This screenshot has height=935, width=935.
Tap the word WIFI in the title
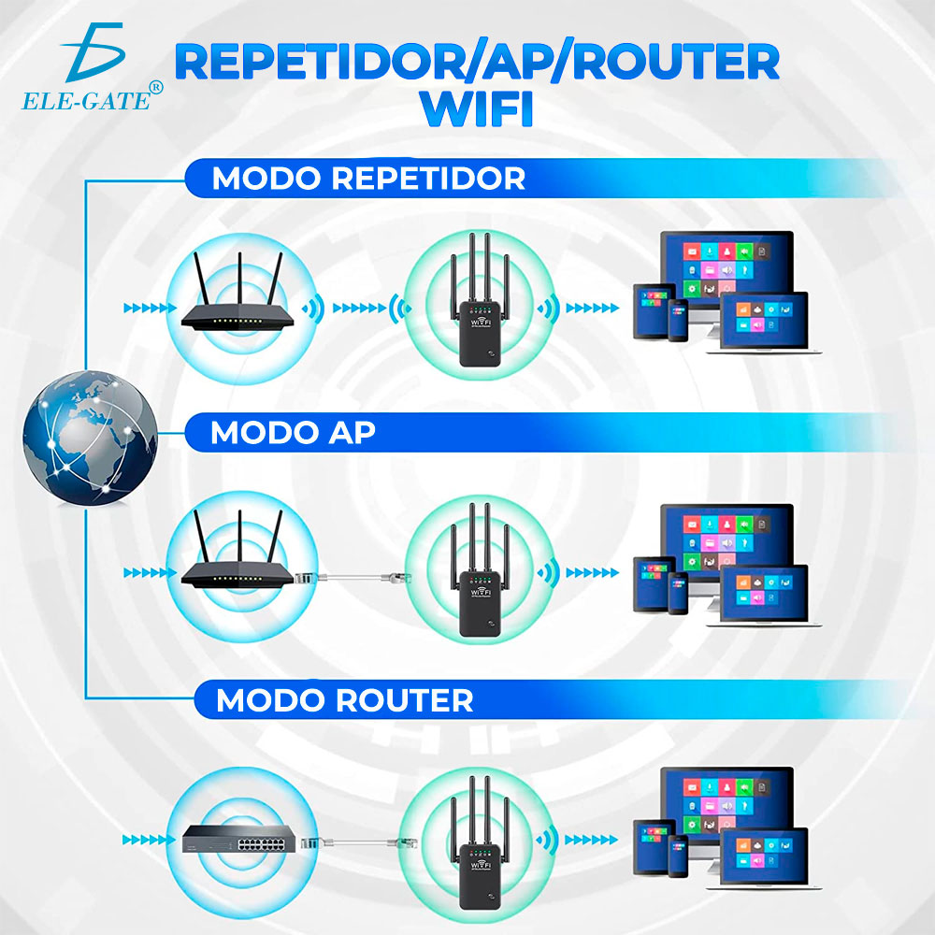[477, 108]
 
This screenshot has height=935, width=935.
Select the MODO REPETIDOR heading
[368, 178]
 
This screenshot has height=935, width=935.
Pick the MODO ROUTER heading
[344, 699]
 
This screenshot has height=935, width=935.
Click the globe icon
[91, 435]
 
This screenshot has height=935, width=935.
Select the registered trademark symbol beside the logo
[155, 87]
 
